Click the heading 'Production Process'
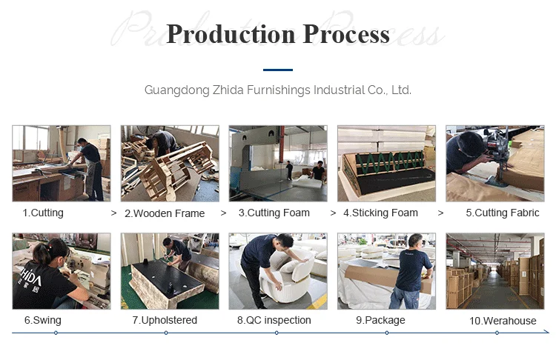coord(277,34)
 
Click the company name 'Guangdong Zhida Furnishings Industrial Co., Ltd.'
coord(277,90)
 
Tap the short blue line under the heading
coord(277,70)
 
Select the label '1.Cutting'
coord(43,213)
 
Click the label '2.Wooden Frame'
coord(164,213)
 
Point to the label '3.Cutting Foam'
coord(274,213)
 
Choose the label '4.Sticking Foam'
coord(380,213)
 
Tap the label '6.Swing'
coord(42,320)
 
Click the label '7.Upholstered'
coord(165,320)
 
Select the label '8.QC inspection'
coord(274,320)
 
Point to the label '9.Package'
coord(380,320)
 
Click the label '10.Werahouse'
coord(502,321)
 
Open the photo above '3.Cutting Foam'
coord(278,164)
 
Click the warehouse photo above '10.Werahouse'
coord(494,271)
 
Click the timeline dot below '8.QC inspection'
coord(277,333)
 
